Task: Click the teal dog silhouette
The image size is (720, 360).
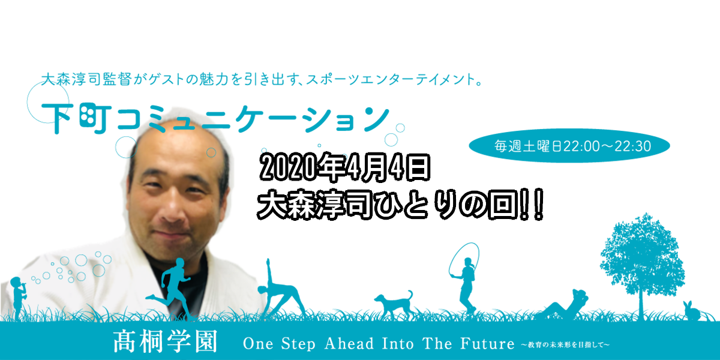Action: tap(394, 304)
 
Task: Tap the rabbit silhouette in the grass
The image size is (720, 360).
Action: tap(691, 311)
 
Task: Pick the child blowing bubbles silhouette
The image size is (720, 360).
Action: tap(19, 298)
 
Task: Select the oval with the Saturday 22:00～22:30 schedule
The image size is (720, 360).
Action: tap(569, 146)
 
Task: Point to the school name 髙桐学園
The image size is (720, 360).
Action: tap(166, 341)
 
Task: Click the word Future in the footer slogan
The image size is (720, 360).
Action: tap(487, 344)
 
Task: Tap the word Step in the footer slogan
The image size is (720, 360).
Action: tap(298, 344)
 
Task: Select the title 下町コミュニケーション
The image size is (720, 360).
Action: tap(215, 118)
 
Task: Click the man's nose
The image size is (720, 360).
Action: tap(173, 209)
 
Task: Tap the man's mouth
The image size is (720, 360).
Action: tap(173, 237)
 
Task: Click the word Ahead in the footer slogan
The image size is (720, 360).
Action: tap(349, 344)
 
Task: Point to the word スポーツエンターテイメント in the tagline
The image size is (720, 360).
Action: tap(391, 79)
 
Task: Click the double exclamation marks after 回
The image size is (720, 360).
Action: tap(532, 205)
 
